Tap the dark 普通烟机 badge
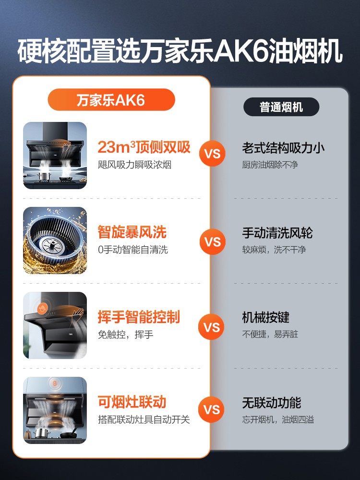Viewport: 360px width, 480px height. (x=281, y=107)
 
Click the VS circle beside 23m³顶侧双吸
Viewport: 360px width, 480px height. (x=212, y=154)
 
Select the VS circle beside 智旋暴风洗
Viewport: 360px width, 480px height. (x=212, y=240)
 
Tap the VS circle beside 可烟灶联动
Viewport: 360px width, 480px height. (x=212, y=409)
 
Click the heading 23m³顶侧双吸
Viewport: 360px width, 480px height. (x=144, y=147)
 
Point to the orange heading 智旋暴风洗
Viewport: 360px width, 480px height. (x=132, y=233)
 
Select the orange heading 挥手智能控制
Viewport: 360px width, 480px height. (x=139, y=317)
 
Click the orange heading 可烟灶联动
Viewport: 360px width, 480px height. (x=132, y=402)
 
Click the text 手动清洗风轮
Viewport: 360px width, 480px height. (x=277, y=233)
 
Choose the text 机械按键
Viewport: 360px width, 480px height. (x=265, y=318)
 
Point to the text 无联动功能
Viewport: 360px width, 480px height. (x=271, y=403)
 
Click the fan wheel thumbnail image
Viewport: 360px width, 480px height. (x=55, y=240)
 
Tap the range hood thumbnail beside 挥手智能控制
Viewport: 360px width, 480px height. (x=55, y=325)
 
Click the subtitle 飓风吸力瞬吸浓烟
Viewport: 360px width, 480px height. (x=134, y=165)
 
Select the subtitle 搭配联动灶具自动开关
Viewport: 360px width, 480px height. (x=144, y=420)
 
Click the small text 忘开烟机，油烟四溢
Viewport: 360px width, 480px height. (x=278, y=420)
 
